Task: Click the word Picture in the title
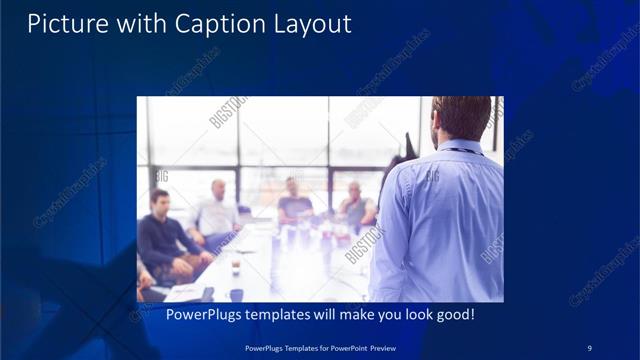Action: (x=62, y=23)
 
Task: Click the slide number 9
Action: (x=590, y=347)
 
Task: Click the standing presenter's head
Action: (x=463, y=117)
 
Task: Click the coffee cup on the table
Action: (x=235, y=264)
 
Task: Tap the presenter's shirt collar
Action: (x=465, y=146)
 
